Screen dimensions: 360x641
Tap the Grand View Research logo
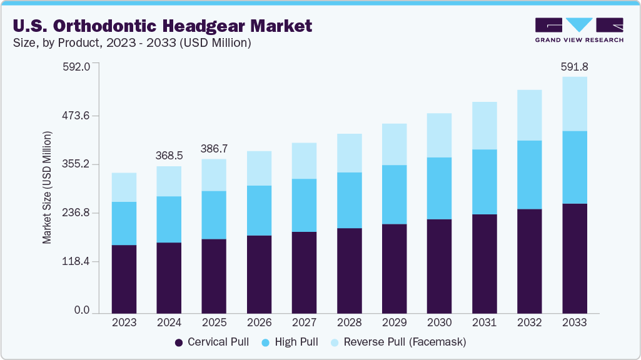579,29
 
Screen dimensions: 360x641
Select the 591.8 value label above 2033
574,66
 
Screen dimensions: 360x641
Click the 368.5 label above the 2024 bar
169,155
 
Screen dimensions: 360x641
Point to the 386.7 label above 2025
214,149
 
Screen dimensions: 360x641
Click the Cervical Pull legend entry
212,342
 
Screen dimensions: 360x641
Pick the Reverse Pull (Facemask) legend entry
398,342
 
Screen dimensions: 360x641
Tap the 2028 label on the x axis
349,323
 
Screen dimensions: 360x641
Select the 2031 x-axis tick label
484,323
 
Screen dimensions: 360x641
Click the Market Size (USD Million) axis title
48,187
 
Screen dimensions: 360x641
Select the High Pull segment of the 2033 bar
574,167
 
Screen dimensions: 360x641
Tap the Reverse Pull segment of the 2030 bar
439,135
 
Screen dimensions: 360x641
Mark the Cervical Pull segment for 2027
304,272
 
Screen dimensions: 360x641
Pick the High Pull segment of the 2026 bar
259,211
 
